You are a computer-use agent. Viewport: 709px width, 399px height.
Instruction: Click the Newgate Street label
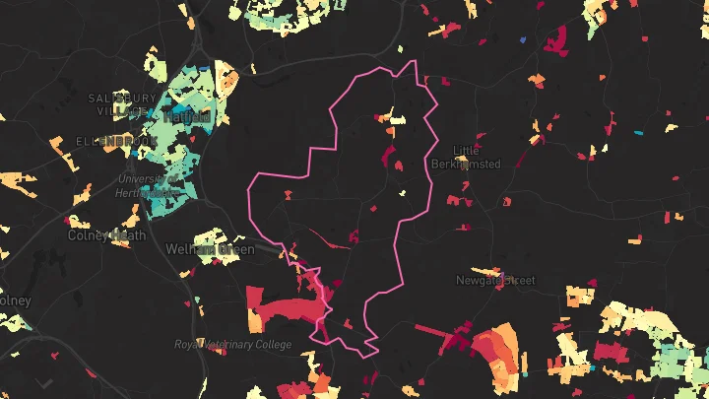494,281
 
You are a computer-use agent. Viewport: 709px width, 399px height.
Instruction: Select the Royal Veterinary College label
232,345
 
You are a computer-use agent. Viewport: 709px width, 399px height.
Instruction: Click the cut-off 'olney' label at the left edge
16,299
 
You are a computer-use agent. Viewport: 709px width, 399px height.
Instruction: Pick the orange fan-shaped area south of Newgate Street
495,350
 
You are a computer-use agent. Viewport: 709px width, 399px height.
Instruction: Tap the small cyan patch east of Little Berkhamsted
639,131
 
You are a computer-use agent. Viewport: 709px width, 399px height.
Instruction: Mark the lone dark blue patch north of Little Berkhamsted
522,39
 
